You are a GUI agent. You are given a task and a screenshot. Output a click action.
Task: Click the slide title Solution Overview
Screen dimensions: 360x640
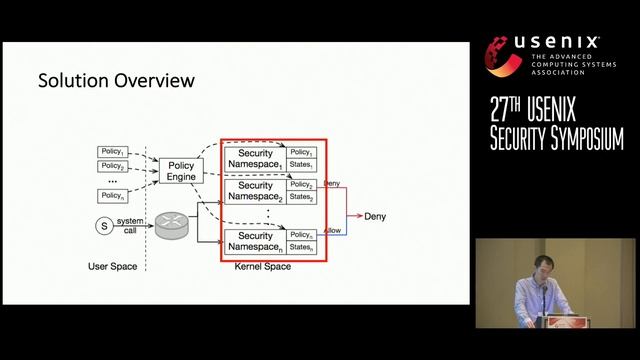pos(115,79)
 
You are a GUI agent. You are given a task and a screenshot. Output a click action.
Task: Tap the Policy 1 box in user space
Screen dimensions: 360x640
pos(112,152)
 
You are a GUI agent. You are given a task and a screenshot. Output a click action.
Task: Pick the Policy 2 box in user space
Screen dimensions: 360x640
pos(112,166)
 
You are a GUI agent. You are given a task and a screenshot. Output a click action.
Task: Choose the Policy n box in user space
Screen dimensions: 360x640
pos(112,195)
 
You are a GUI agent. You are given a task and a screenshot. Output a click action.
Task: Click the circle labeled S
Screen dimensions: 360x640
pos(102,226)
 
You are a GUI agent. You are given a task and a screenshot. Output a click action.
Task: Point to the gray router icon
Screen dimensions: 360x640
pos(171,226)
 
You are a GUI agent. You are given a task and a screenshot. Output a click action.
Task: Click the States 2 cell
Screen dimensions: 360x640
pos(302,198)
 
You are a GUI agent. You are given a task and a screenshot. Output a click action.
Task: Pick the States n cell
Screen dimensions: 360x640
pos(302,247)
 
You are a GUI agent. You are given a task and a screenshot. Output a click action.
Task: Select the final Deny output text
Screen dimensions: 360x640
pos(374,216)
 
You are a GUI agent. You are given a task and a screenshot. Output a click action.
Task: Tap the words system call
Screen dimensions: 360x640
pos(130,225)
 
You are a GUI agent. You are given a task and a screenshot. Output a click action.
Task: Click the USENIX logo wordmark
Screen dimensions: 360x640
pos(556,43)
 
